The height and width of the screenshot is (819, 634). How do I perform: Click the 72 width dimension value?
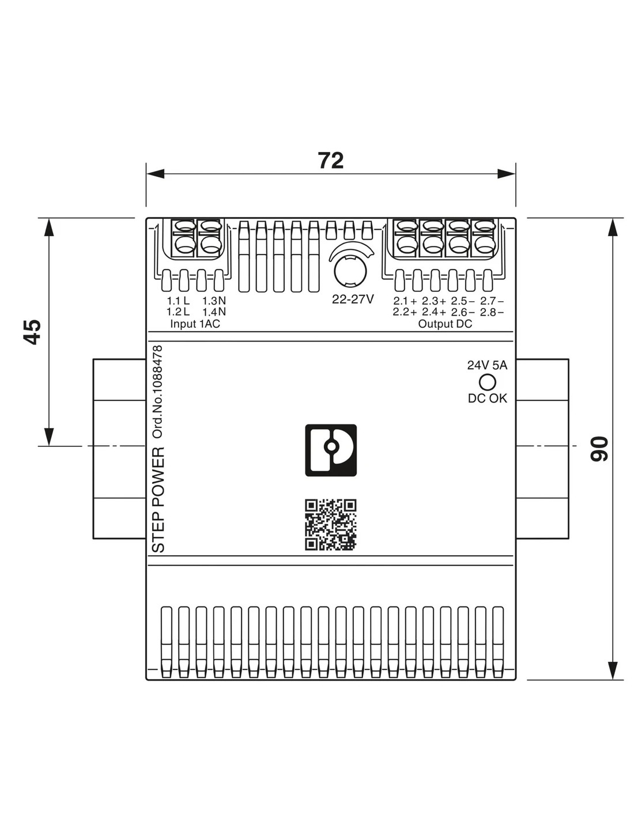pos(331,161)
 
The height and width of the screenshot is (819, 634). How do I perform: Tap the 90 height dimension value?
pos(599,449)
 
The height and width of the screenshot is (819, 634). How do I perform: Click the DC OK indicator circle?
pos(487,382)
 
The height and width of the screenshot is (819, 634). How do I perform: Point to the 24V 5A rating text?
pos(487,365)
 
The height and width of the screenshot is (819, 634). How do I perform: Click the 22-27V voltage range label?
pos(353,299)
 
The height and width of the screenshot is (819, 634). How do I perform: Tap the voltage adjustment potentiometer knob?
pos(350,271)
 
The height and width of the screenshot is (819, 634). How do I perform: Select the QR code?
pos(331,525)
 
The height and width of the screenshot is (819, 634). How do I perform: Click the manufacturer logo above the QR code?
pos(331,450)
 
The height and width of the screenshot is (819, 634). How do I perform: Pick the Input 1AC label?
pos(195,324)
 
